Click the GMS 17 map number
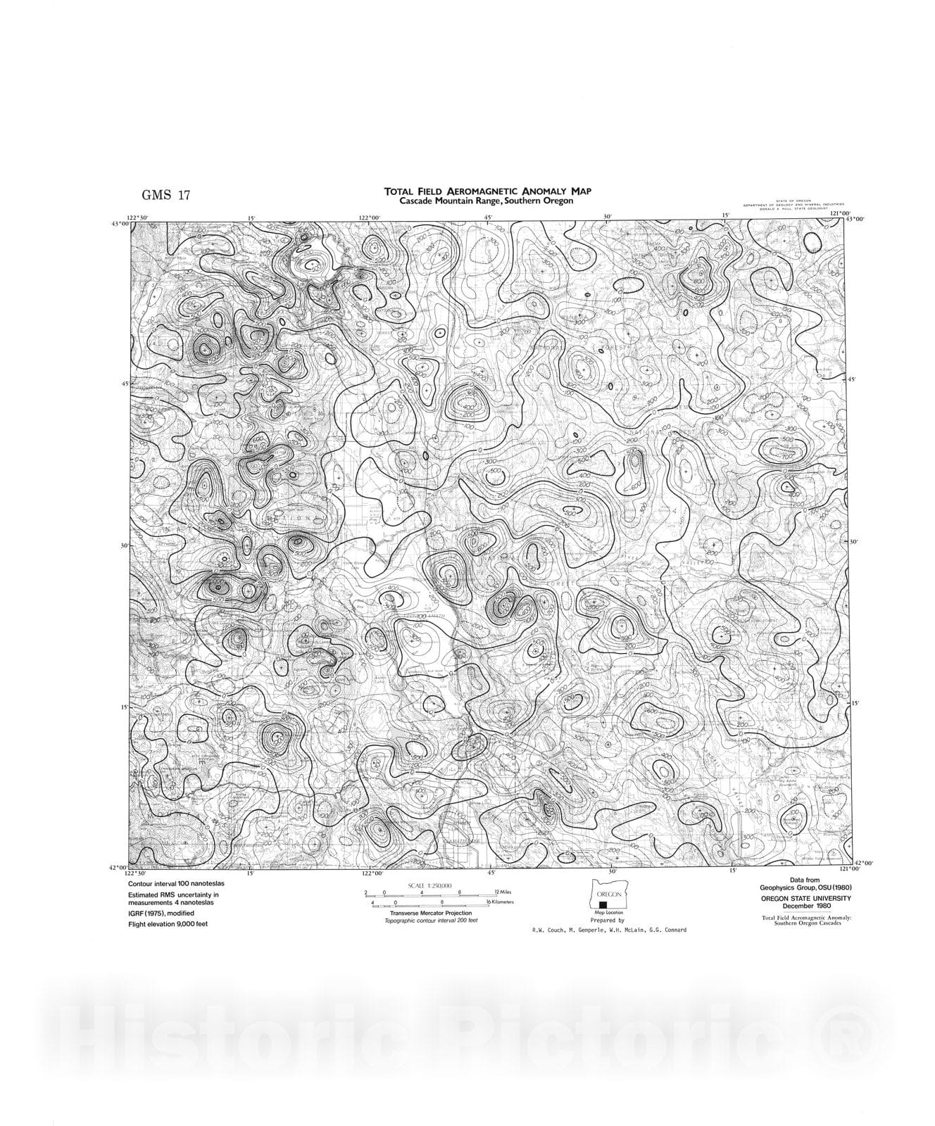pyautogui.click(x=166, y=196)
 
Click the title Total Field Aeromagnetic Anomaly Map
pyautogui.click(x=487, y=191)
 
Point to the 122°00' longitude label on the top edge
pyautogui.click(x=370, y=217)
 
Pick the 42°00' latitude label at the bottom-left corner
pyautogui.click(x=118, y=867)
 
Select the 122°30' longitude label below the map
pyautogui.click(x=138, y=873)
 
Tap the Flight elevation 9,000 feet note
pyautogui.click(x=168, y=923)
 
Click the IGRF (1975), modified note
pyautogui.click(x=161, y=913)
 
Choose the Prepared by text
pyautogui.click(x=607, y=920)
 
